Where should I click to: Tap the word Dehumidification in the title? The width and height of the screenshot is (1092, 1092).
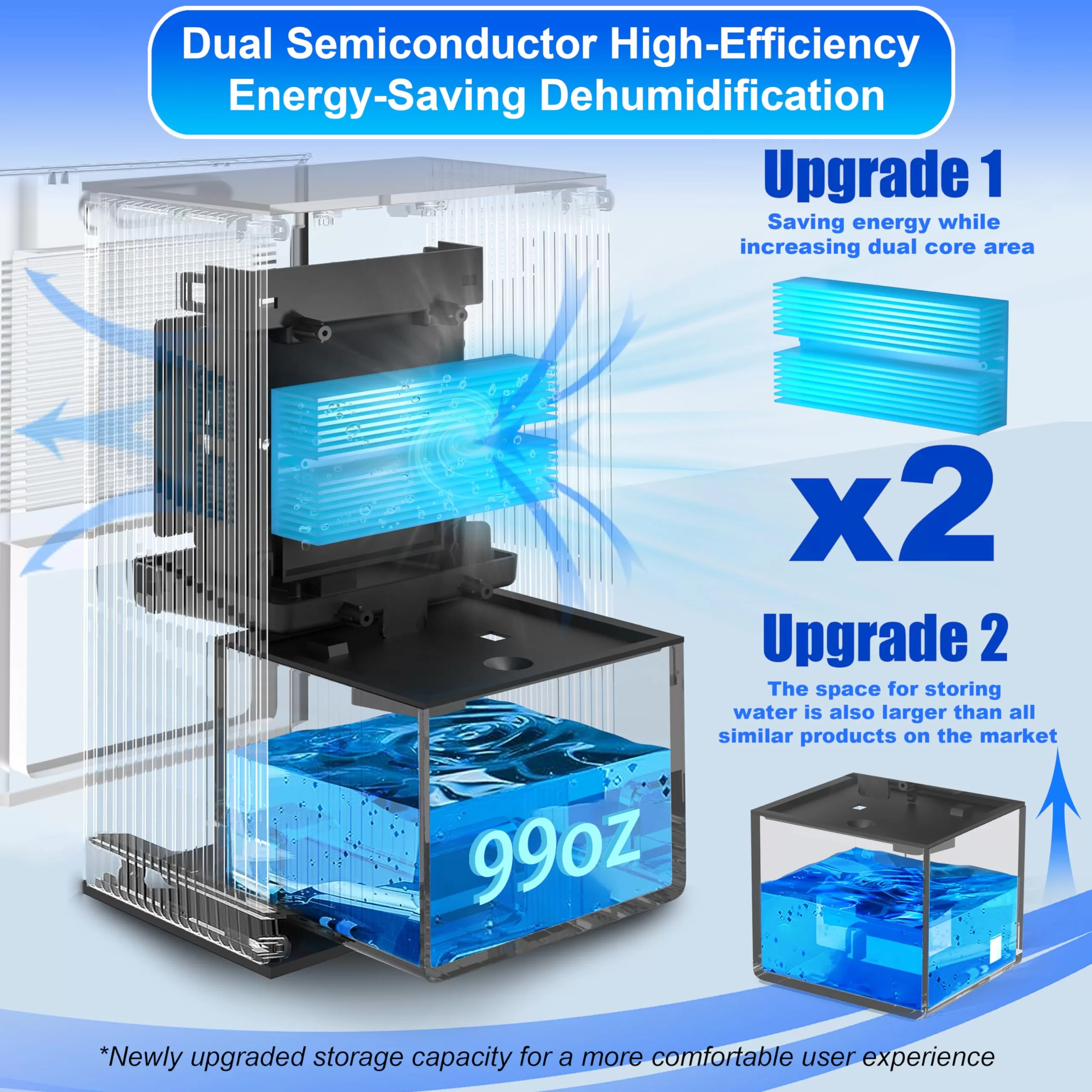pos(712,96)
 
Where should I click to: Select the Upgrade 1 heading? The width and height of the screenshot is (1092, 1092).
pos(883,174)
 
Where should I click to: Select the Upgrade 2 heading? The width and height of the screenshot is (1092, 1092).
pos(885,639)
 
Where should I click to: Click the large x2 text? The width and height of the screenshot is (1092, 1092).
pos(892,504)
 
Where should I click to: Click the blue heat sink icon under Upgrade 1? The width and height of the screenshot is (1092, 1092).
pos(890,355)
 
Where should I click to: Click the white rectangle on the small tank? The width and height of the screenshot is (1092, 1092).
pos(995,950)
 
